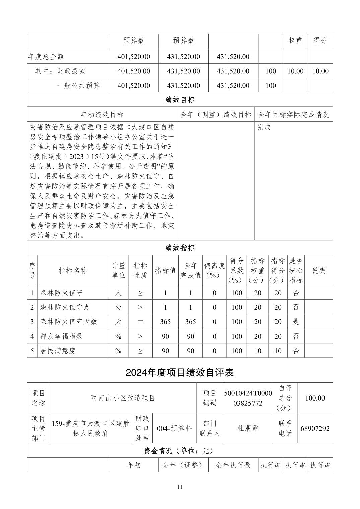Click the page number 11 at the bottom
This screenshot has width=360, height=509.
(x=180, y=487)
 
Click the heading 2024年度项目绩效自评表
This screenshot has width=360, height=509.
(x=179, y=372)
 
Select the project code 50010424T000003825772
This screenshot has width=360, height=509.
(x=248, y=398)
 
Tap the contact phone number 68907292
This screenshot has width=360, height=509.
(x=315, y=428)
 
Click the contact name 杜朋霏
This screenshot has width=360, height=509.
(x=248, y=428)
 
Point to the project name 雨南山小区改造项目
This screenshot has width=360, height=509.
(x=123, y=398)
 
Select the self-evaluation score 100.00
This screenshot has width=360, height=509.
(x=315, y=398)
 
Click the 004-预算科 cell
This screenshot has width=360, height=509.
(x=174, y=428)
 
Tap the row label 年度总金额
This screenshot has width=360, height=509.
(x=46, y=57)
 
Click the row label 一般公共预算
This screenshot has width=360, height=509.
(x=78, y=85)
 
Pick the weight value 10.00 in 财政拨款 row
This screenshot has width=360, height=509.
(x=295, y=71)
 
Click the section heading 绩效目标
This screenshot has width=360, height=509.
(x=180, y=100)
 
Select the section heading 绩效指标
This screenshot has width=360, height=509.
(x=180, y=248)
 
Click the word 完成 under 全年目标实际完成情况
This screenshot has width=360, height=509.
(x=264, y=127)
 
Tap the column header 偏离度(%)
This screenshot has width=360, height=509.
(x=214, y=270)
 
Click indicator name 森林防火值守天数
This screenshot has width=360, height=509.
(x=69, y=322)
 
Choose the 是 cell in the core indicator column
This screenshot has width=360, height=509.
(x=296, y=322)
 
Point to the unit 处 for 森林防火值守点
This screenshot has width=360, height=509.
(x=118, y=307)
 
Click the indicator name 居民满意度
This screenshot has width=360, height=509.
(x=58, y=351)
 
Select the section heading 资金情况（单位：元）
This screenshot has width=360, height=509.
(x=180, y=451)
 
